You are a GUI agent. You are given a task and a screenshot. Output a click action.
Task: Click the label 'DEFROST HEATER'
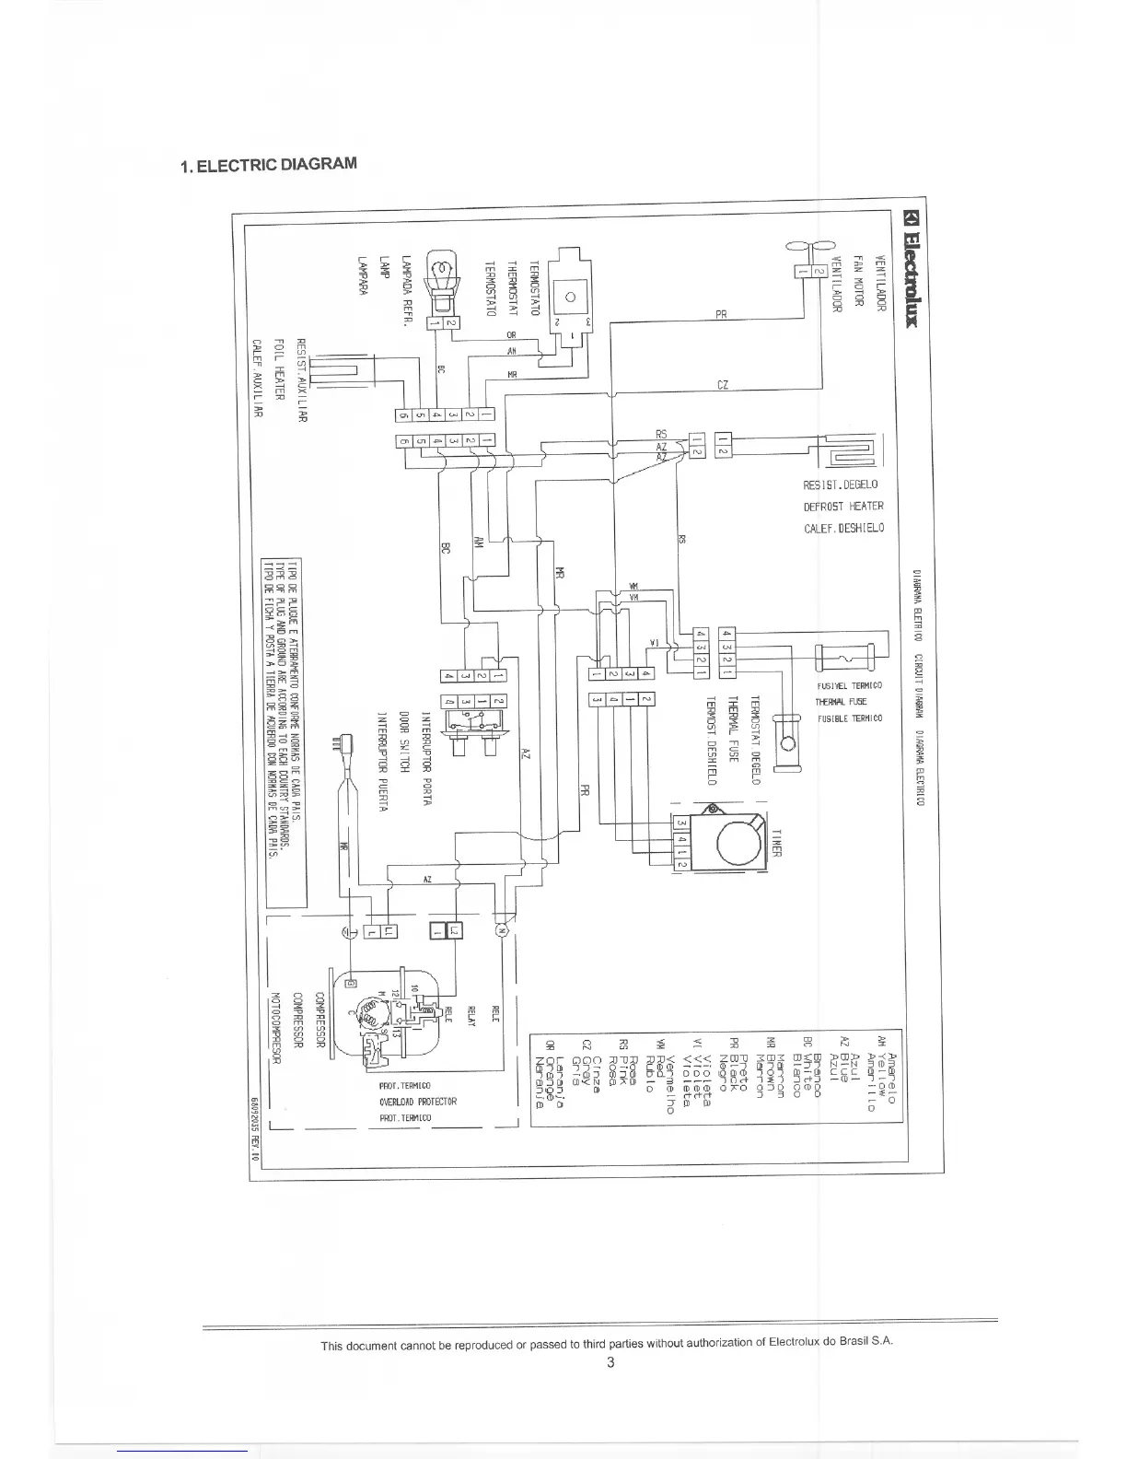843,507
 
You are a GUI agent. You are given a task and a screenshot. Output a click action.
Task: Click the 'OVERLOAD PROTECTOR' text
417,1102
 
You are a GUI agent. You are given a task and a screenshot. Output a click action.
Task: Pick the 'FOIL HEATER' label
279,379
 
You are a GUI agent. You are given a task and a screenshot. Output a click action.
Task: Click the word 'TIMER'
774,840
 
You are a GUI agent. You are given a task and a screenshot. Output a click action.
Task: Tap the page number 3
610,1363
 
